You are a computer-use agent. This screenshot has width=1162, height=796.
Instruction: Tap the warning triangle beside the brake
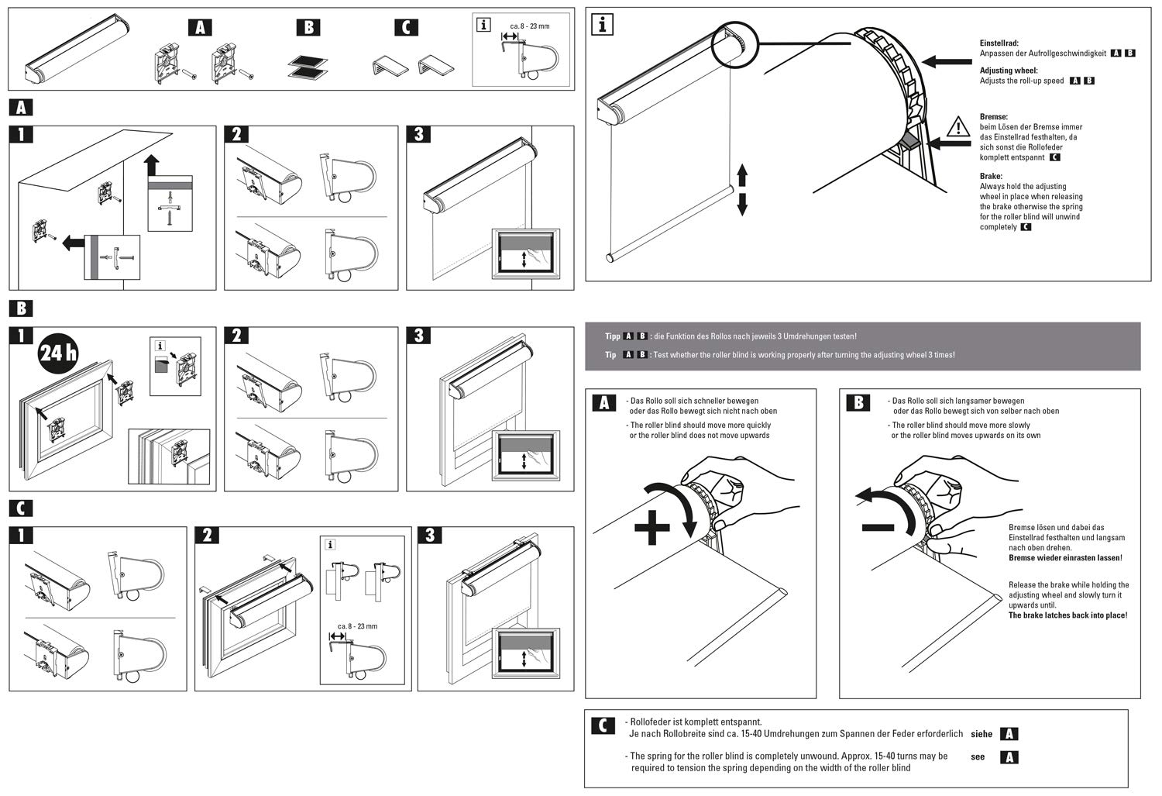(958, 127)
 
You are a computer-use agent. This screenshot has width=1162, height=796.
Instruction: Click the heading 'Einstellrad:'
(999, 43)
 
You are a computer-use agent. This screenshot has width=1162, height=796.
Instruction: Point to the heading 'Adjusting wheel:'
(1008, 70)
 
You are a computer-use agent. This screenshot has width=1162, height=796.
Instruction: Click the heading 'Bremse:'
(994, 117)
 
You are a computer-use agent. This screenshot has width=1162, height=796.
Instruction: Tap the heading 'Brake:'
(991, 176)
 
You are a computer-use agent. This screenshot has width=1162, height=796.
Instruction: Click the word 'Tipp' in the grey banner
(613, 336)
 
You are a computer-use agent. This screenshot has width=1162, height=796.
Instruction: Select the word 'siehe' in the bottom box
(982, 733)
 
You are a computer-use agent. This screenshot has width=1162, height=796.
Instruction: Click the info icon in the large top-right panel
(603, 25)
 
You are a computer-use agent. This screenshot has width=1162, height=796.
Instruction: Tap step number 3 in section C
(430, 536)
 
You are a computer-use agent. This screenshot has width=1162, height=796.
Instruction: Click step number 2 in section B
(236, 336)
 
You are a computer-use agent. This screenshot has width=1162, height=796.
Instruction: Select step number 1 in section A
(21, 135)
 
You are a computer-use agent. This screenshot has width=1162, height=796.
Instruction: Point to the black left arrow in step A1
(74, 244)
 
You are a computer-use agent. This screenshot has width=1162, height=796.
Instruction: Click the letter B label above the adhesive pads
(308, 27)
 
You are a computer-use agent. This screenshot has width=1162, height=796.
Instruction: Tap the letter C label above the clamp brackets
(406, 27)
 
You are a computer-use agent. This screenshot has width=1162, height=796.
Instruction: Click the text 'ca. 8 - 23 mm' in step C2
(357, 626)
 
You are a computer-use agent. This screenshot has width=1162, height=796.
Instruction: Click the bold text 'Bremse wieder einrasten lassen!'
(1066, 558)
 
